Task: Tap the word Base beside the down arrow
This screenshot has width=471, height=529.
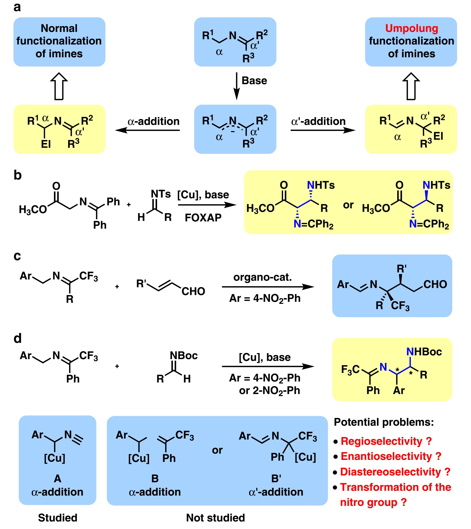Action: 254,81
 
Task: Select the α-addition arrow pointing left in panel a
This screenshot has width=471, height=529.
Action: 148,130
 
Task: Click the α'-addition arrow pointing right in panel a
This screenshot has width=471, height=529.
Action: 323,130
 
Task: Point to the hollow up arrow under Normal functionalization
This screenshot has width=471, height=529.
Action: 59,86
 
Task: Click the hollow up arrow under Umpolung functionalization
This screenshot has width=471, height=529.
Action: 411,86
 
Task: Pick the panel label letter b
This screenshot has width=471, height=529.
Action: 18,175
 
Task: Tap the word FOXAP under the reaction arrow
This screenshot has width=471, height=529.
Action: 203,218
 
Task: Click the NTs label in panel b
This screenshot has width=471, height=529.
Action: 161,194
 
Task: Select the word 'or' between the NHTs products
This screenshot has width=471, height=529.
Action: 348,205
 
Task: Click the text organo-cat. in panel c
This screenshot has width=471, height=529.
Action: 262,277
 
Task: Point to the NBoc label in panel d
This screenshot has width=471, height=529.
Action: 183,355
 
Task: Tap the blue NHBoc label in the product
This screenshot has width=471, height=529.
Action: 424,352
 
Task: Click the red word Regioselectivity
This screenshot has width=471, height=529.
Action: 381,441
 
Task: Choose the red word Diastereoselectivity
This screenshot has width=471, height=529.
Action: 390,472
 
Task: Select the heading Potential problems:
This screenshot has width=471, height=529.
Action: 384,422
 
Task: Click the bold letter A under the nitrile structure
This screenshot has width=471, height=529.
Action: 57,478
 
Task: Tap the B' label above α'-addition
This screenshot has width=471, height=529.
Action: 276,478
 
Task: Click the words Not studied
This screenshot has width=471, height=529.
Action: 215,518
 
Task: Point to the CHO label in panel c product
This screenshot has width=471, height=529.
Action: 435,284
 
